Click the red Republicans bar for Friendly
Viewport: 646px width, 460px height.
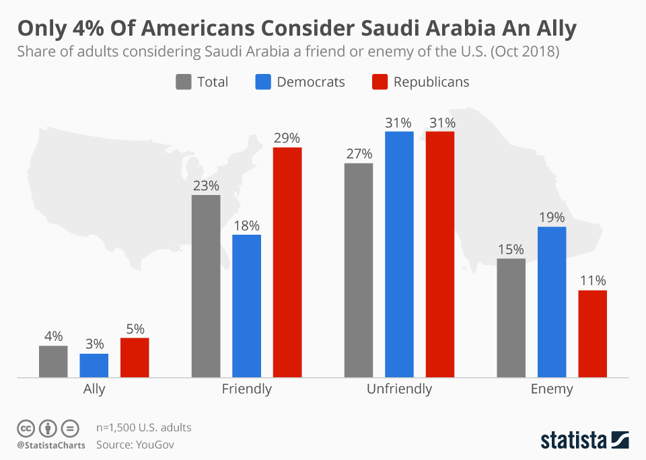[287, 262]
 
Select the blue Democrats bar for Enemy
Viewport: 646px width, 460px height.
[551, 302]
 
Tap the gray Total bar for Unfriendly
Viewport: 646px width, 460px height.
[358, 270]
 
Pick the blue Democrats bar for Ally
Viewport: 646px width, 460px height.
[94, 365]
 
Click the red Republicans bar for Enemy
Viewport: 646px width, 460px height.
[592, 334]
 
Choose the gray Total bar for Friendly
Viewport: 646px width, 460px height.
[206, 286]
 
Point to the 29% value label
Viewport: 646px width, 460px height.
[287, 138]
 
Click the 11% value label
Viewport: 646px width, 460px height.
[592, 280]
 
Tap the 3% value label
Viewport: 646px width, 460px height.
[94, 344]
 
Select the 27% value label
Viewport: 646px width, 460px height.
[359, 153]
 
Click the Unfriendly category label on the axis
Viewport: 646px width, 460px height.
[399, 389]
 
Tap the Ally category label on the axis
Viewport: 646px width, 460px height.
[94, 389]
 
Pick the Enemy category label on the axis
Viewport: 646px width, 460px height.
[552, 389]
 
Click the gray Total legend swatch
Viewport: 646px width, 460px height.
[183, 82]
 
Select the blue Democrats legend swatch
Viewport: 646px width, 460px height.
[262, 82]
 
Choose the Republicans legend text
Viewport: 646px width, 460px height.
[431, 82]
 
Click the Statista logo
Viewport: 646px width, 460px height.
[584, 440]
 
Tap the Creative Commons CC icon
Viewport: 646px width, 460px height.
[26, 428]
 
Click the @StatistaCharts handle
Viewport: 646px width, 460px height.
[51, 445]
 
